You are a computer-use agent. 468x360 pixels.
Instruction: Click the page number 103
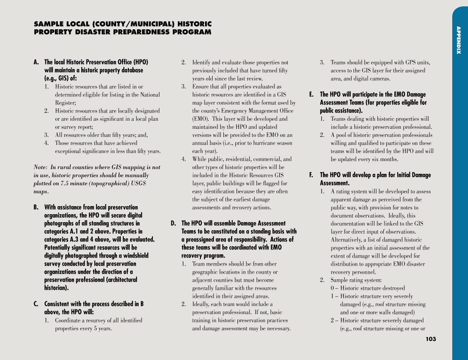point(431,339)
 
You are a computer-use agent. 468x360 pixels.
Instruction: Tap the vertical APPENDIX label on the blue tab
point(459,40)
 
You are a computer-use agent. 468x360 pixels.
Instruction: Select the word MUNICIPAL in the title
point(148,24)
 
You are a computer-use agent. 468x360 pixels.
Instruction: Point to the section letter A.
point(36,62)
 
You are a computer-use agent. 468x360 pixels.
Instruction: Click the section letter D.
point(173,224)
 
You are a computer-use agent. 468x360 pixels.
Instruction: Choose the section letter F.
point(311,175)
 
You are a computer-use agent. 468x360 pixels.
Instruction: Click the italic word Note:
point(40,167)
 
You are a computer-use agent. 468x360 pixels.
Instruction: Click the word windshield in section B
point(135,256)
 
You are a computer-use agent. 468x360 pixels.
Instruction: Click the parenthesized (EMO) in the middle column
point(201,119)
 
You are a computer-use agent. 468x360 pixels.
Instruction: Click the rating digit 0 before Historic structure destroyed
point(333,288)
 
